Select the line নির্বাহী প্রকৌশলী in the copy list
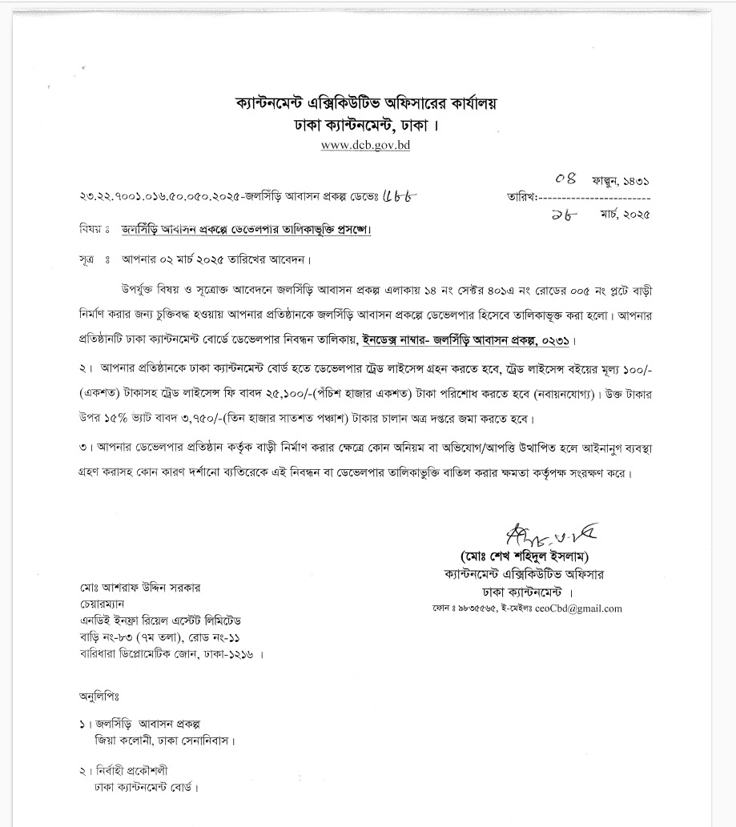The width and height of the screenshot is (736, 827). (131, 770)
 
